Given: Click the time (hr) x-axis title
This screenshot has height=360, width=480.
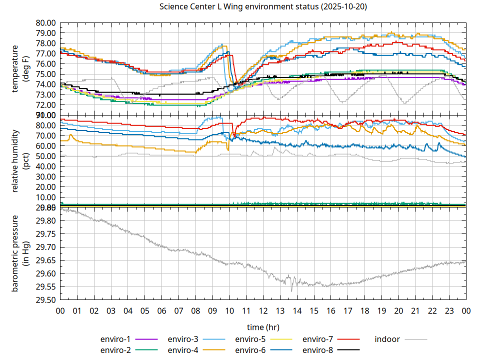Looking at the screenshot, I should [263, 327].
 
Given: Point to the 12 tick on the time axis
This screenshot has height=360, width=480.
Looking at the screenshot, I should [263, 310].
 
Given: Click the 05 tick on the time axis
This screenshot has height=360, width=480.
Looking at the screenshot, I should [144, 310].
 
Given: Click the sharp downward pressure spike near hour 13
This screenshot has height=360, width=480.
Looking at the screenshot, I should [291, 290].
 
